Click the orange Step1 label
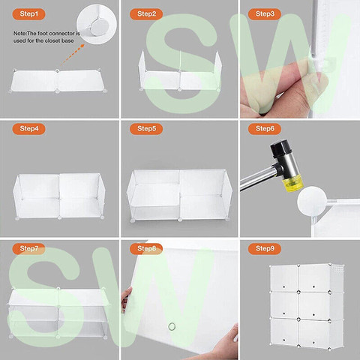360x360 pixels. (28, 14)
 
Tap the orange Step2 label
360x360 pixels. (146, 14)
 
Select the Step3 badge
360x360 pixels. (265, 14)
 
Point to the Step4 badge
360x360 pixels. (28, 129)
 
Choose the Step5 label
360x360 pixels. (146, 129)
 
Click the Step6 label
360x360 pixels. (265, 129)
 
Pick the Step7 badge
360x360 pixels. (28, 248)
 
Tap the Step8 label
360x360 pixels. (146, 248)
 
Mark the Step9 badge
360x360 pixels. (265, 248)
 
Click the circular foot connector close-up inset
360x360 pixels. (97, 24)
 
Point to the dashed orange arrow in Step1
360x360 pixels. (72, 55)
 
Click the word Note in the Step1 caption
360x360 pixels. (19, 34)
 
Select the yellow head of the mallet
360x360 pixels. (294, 184)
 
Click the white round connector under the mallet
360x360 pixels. (312, 201)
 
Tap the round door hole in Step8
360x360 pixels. (172, 326)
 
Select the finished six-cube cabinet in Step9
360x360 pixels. (307, 305)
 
